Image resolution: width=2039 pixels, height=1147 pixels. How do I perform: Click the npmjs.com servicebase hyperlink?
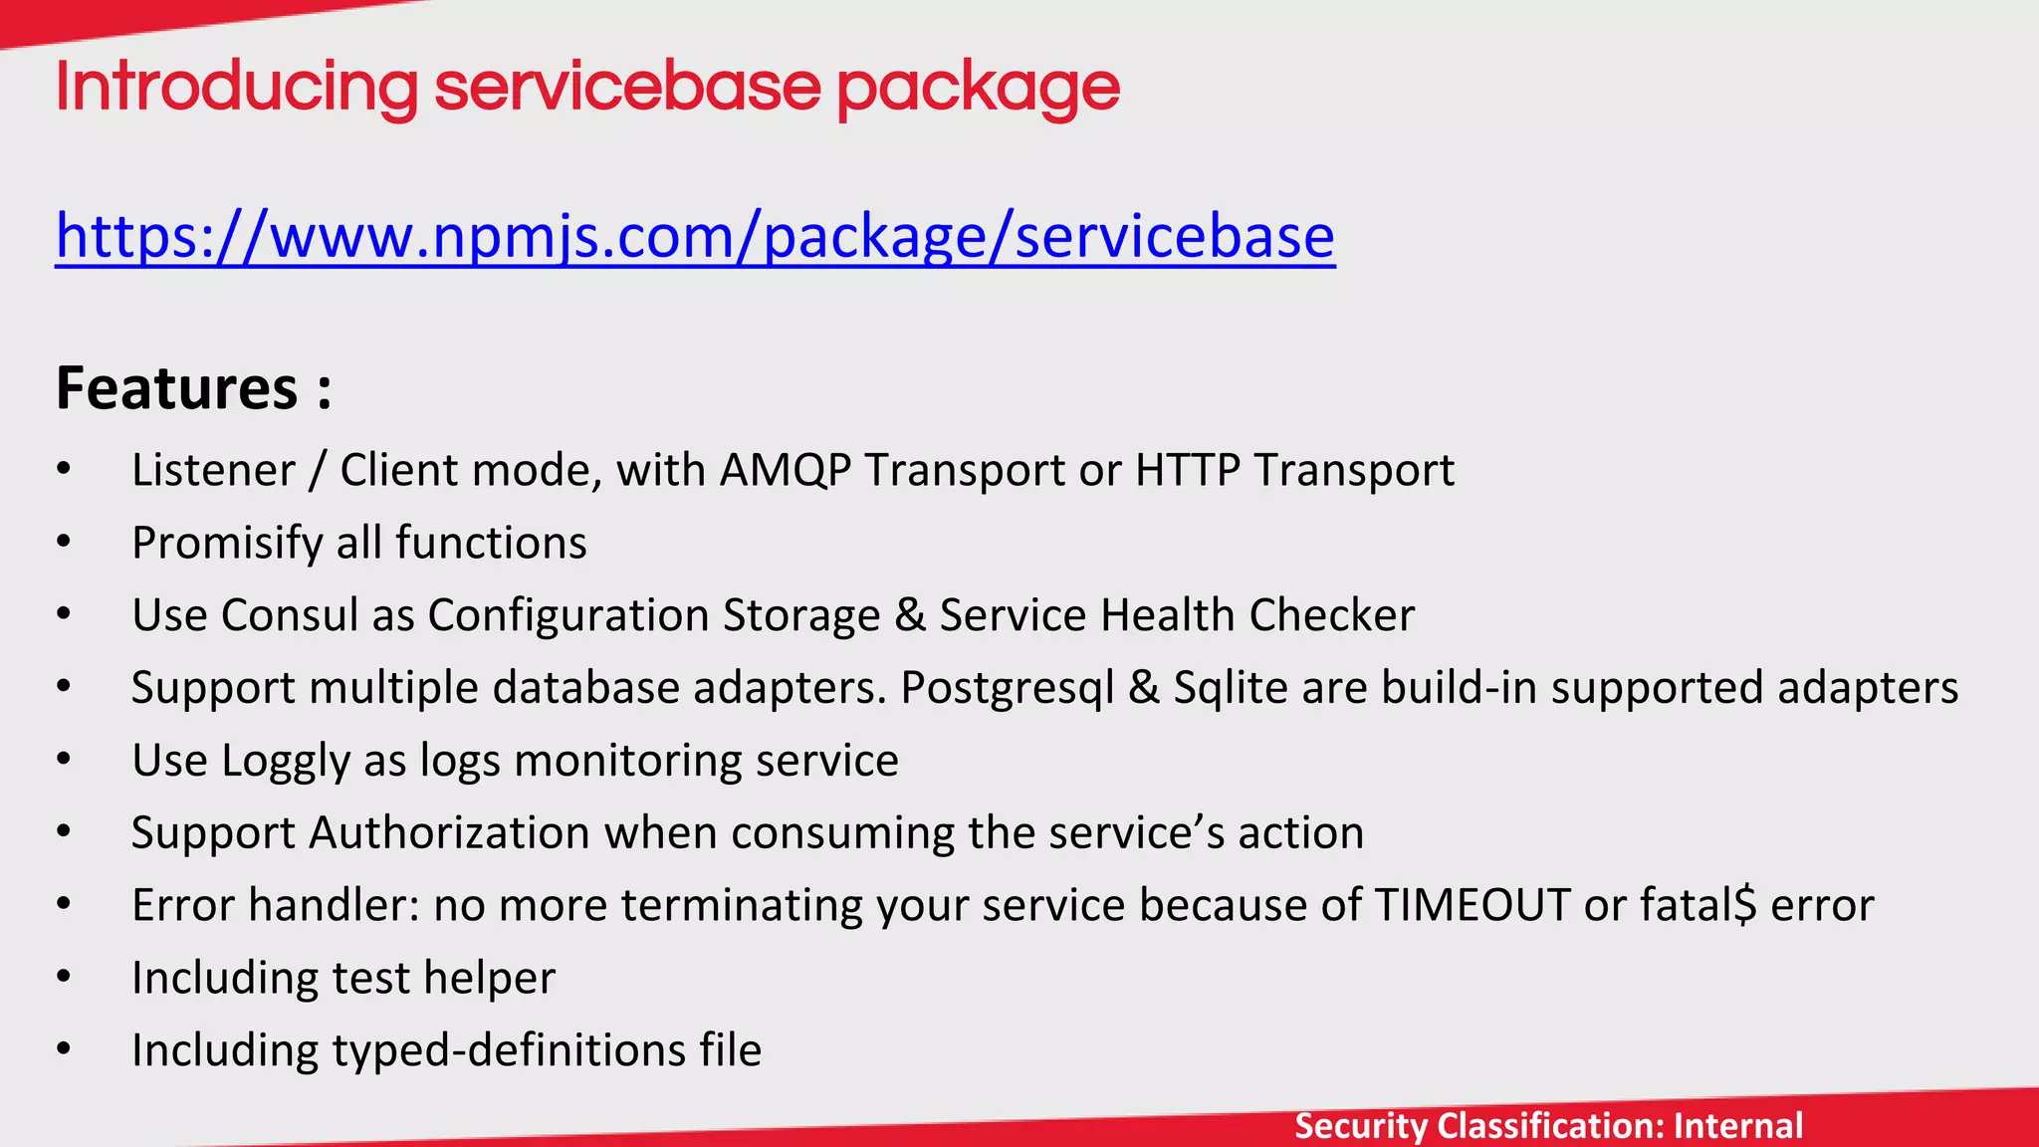click(695, 237)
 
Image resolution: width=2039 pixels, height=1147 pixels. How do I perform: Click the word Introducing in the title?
click(237, 88)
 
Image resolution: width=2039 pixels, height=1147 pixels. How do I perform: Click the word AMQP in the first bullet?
click(785, 470)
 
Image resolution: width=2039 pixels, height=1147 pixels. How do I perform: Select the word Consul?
click(290, 615)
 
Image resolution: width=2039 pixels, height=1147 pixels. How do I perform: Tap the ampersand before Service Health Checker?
click(910, 615)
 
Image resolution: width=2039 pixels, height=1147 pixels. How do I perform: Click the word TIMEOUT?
click(1473, 905)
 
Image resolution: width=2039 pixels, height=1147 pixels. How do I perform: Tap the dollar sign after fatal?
click(1745, 905)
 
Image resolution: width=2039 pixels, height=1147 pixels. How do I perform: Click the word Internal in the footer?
click(1738, 1125)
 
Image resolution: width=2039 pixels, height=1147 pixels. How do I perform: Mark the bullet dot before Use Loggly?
click(64, 760)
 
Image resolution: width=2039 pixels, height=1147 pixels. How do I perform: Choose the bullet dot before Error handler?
click(64, 905)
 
